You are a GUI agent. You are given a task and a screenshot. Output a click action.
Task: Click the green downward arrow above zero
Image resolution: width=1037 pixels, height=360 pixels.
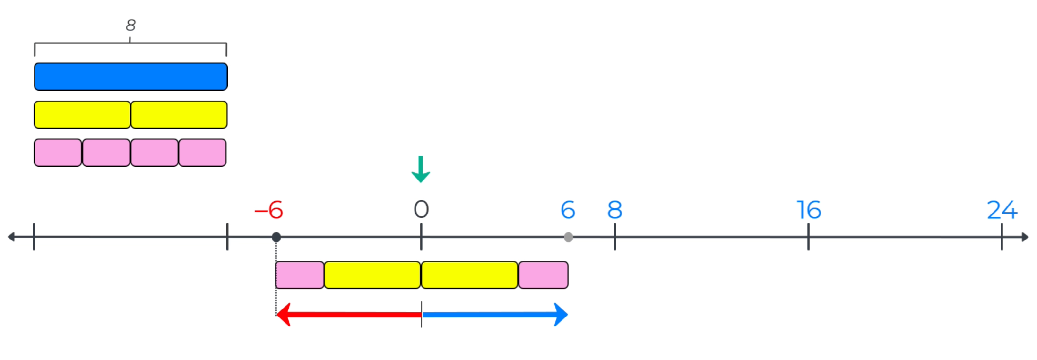[420, 169]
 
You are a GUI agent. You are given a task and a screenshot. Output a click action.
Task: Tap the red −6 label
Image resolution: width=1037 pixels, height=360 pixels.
[269, 210]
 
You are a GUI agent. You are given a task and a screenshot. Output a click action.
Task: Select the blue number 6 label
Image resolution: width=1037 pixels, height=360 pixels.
[568, 210]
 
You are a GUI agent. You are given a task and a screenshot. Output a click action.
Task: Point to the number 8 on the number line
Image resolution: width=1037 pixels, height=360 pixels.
[614, 210]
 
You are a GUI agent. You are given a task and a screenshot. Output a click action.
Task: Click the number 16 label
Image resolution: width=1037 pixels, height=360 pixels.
[808, 210]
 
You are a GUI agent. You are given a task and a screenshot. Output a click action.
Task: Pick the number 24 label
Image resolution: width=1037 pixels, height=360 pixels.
[1002, 210]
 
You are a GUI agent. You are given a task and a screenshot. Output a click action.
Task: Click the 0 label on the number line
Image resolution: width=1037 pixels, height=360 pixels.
[421, 209]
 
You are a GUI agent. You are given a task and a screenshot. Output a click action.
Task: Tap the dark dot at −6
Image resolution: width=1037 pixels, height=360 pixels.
[277, 237]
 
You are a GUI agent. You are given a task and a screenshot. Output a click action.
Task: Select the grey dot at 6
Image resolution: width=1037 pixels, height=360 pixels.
[569, 237]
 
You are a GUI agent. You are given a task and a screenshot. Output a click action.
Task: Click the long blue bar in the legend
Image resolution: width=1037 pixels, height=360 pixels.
[131, 77]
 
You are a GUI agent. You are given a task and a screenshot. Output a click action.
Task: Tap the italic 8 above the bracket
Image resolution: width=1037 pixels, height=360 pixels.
[130, 25]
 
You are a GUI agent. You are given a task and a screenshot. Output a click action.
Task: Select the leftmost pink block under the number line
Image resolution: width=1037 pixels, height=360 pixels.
[300, 275]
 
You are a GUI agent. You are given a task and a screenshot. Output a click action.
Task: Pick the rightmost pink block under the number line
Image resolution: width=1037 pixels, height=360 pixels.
[544, 275]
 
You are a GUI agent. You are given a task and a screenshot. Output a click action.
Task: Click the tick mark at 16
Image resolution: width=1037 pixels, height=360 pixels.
[808, 237]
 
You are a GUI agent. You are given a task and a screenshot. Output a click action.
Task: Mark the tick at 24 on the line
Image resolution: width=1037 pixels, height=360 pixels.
[1002, 237]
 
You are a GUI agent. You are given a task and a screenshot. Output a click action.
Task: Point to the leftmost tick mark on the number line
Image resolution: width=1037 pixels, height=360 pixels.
[34, 237]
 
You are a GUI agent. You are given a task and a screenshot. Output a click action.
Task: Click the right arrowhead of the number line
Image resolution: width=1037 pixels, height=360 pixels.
[1025, 237]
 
